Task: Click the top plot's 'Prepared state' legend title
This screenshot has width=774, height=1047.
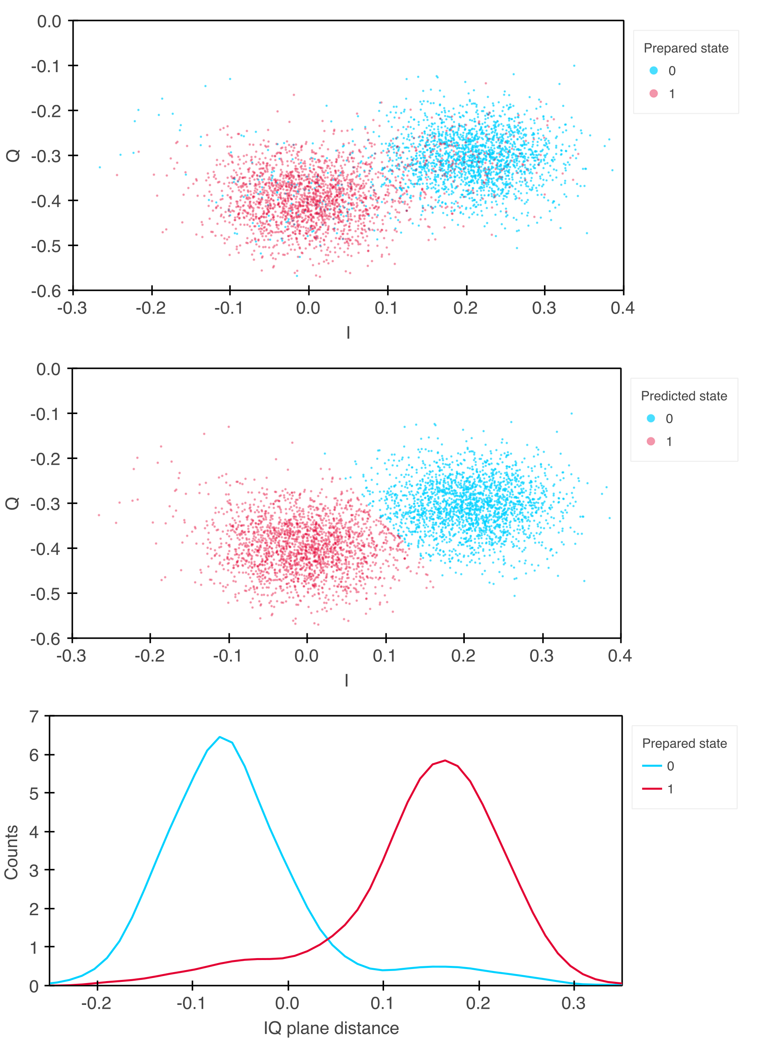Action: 685,48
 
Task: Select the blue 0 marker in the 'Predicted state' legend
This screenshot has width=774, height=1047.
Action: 651,418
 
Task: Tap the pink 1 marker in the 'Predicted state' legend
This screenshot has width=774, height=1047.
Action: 651,441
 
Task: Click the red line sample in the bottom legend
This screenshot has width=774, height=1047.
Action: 652,789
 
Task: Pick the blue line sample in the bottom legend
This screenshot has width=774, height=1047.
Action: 652,766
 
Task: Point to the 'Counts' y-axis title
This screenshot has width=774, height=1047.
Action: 11,852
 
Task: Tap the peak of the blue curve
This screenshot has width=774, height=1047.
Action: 220,737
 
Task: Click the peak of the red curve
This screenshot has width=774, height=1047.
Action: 445,760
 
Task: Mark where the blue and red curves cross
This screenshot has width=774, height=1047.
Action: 328,938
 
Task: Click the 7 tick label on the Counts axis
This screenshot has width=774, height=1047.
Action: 34,717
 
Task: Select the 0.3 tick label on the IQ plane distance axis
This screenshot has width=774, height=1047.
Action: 574,1003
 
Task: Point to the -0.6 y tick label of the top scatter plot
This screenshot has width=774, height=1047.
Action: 46,291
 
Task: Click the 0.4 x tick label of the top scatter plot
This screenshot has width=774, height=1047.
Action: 623,308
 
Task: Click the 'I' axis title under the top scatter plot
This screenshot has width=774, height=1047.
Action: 348,333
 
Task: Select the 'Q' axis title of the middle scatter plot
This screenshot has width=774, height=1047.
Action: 12,503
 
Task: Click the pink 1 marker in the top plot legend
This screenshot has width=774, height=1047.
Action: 654,94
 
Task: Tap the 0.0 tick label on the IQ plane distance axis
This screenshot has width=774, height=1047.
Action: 287,1003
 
